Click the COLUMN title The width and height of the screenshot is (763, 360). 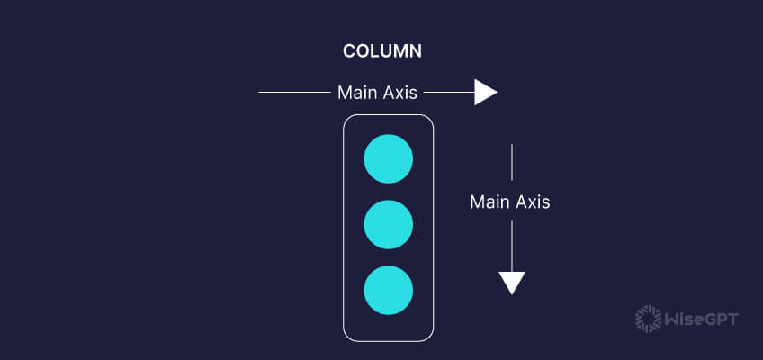[382, 51]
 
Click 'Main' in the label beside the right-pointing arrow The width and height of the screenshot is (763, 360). [355, 93]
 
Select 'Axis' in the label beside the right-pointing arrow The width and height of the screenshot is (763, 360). [399, 93]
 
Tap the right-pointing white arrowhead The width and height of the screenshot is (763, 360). [485, 92]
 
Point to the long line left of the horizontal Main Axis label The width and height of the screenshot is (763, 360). [294, 92]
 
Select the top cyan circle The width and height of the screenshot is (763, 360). [388, 159]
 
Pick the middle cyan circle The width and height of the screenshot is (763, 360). [388, 225]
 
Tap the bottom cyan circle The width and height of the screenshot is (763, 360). [388, 291]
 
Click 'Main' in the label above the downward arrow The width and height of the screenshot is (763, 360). [488, 202]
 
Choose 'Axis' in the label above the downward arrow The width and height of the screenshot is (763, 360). [532, 202]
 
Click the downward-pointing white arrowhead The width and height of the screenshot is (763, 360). [512, 283]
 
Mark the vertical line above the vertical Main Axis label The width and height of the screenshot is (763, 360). [512, 164]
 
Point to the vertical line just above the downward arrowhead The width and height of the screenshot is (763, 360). [512, 245]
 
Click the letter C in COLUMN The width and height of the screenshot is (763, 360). [349, 51]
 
